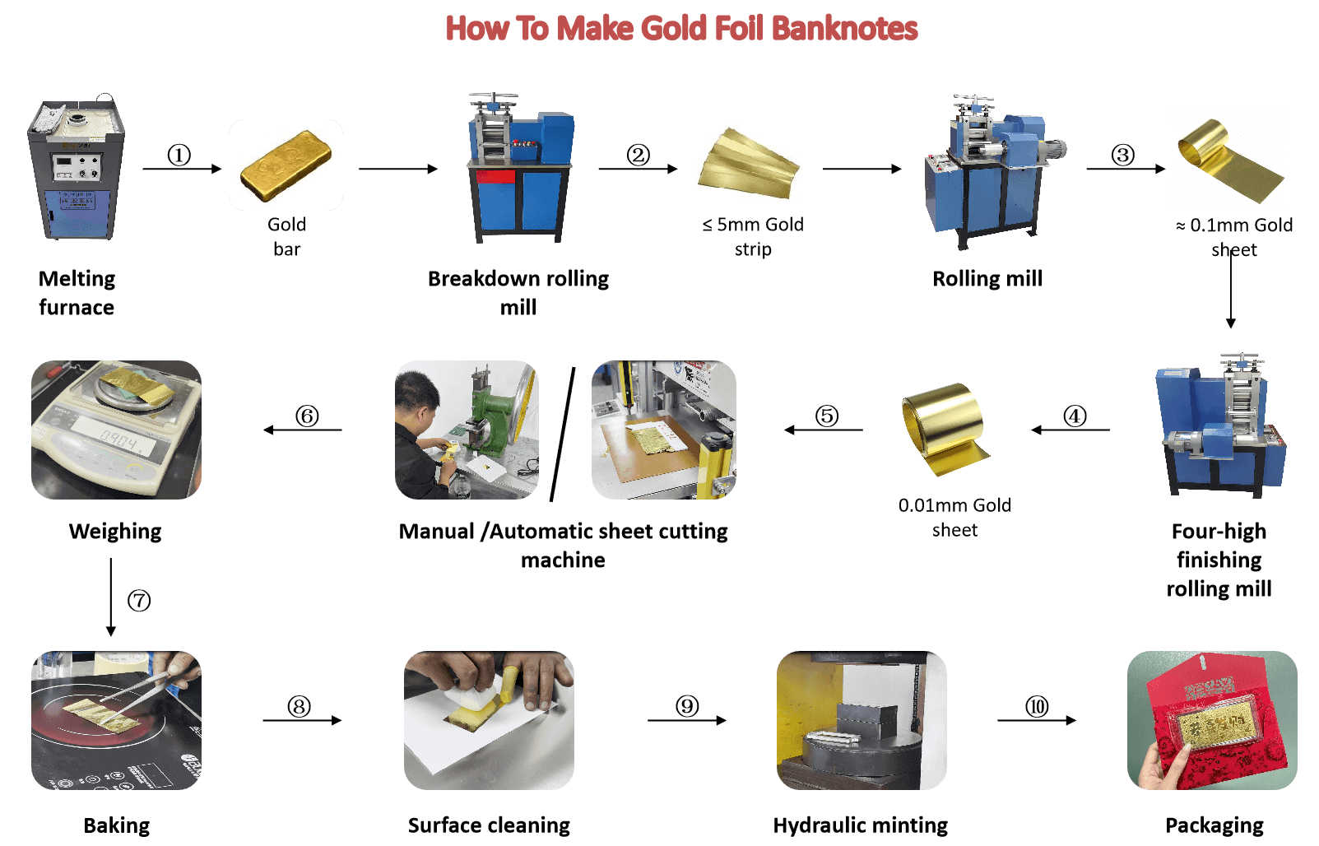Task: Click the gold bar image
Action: (286, 166)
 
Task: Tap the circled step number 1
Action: (179, 156)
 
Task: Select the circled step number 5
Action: (827, 416)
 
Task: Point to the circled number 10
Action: (1037, 706)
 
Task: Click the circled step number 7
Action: (139, 601)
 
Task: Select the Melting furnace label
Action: (77, 293)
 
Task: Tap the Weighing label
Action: (115, 531)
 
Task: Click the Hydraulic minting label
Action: (861, 825)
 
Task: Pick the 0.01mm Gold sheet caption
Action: (954, 518)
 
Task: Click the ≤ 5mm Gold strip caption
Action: (753, 237)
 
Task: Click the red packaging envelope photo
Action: (1212, 720)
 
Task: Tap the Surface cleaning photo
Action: (489, 720)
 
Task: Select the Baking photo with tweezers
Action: (116, 720)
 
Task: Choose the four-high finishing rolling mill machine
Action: (1220, 425)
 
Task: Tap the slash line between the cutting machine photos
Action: (562, 435)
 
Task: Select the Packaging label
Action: (1215, 825)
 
